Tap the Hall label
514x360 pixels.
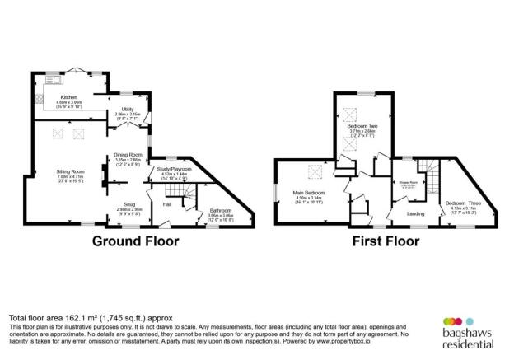(x=167, y=203)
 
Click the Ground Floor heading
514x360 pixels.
(x=134, y=241)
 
